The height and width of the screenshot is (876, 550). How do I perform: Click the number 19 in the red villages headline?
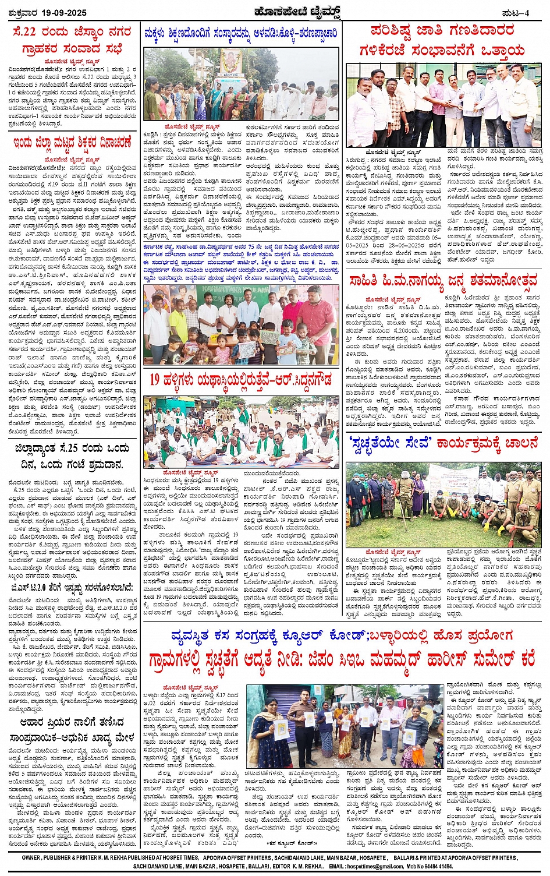[x=155, y=380]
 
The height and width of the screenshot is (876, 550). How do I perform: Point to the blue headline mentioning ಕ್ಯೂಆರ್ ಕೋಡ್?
[x=342, y=634]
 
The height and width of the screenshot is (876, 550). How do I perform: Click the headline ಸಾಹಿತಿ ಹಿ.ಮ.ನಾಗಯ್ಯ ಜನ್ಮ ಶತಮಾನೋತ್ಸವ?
[x=443, y=281]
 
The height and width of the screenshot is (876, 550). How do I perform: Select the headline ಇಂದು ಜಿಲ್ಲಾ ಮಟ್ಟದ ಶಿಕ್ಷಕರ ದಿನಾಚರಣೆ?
[x=72, y=143]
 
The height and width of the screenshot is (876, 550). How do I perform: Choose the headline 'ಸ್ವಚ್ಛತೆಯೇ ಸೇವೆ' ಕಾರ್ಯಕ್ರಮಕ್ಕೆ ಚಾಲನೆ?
[x=444, y=443]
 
